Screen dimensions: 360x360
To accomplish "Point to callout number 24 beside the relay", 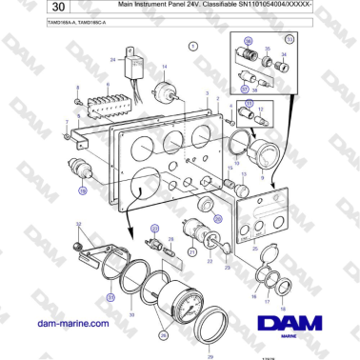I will pyautogui.click(x=112, y=59).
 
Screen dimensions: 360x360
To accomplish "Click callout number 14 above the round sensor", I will pyautogui.click(x=163, y=66).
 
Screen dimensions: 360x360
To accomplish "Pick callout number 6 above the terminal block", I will pyautogui.click(x=108, y=86).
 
